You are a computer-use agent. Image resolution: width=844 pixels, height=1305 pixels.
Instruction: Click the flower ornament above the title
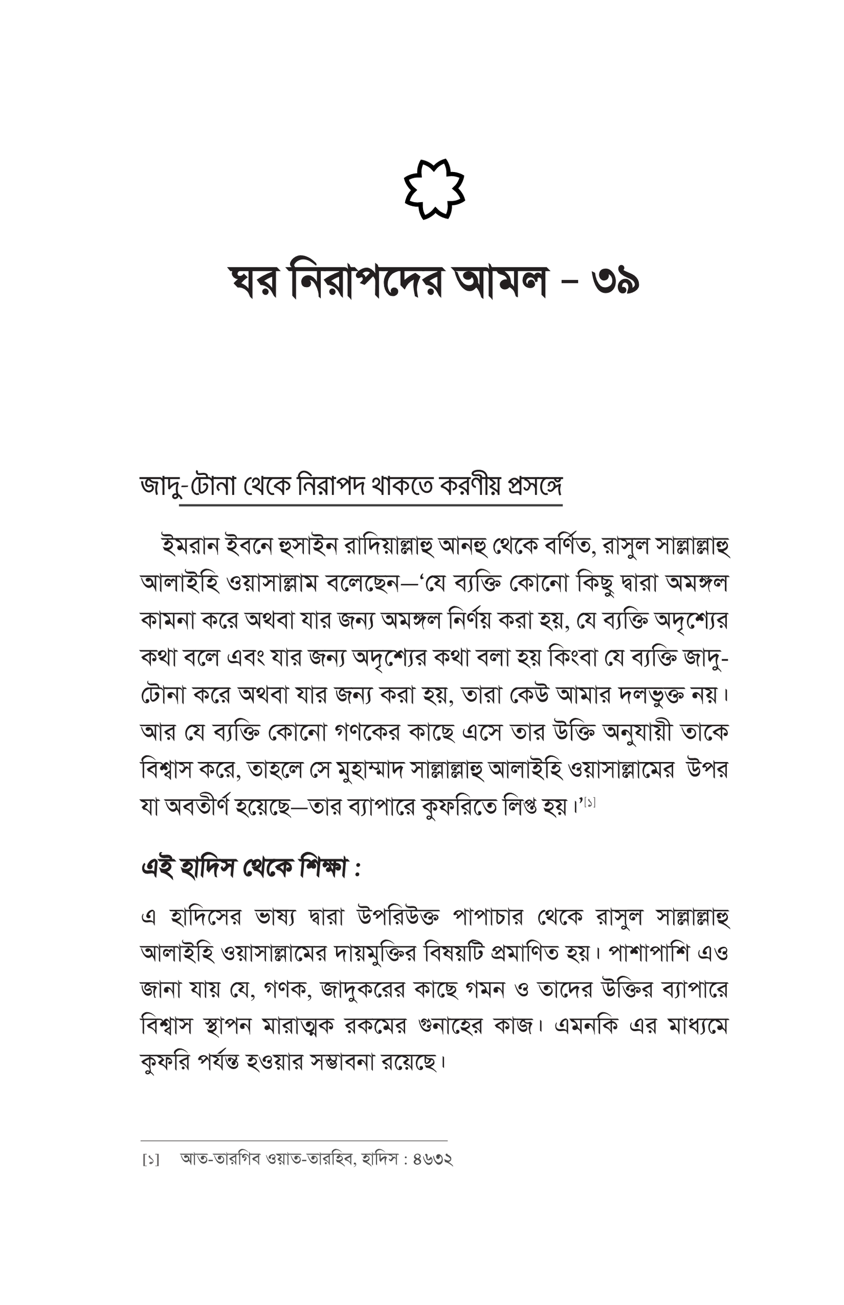point(434,189)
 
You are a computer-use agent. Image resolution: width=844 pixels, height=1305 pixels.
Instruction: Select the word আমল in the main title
point(501,282)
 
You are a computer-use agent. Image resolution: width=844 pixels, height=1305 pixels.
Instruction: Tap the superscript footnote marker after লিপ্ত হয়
point(589,803)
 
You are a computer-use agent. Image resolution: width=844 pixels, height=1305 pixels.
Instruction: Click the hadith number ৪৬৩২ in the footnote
point(433,1159)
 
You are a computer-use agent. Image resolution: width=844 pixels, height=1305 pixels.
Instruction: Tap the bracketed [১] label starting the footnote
point(151,1160)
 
